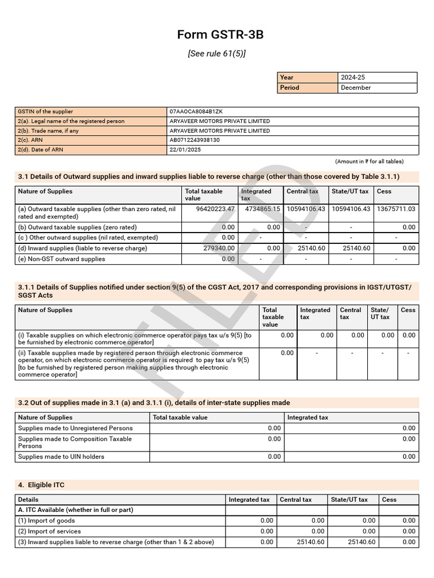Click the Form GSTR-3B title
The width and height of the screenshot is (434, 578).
220,35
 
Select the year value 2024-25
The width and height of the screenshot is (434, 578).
353,77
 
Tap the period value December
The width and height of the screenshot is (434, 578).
355,87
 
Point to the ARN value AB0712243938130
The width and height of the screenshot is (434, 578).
194,140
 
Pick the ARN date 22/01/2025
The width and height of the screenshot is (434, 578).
185,150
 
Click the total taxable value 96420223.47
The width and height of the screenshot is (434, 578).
215,209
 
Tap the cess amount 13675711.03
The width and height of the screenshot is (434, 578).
396,209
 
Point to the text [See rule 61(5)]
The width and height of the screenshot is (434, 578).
217,54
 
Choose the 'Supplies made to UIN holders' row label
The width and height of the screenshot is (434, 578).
61,457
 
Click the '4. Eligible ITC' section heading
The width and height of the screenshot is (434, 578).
45,485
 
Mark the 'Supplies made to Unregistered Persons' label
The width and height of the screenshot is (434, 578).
75,428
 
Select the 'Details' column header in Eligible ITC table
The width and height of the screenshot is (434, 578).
28,500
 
